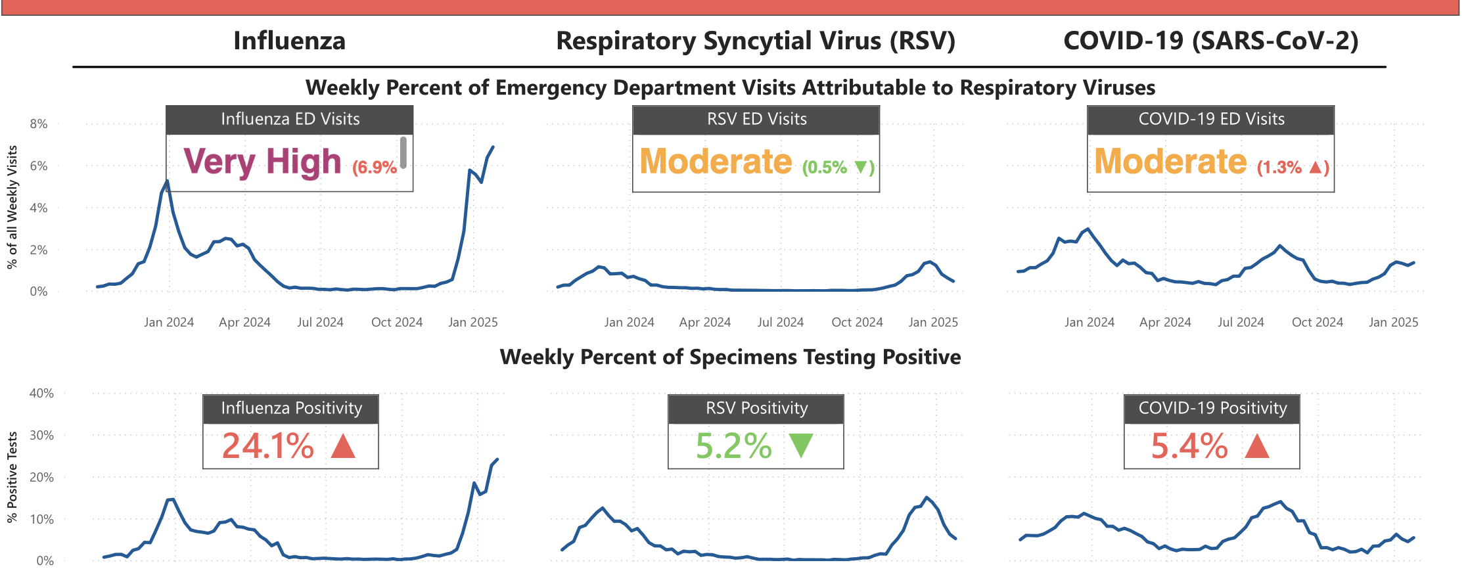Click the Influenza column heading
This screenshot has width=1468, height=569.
click(289, 41)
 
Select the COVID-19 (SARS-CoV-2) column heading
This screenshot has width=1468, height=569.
click(1210, 41)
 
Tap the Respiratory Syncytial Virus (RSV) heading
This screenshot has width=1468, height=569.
click(756, 41)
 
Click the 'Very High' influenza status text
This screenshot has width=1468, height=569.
click(262, 162)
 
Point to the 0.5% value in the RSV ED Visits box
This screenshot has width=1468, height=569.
click(825, 168)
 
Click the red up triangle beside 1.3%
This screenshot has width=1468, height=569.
click(1315, 168)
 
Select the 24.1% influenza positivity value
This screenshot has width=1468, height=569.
click(268, 446)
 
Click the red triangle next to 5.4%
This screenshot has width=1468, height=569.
click(1256, 445)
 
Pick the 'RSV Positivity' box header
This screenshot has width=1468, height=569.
click(756, 409)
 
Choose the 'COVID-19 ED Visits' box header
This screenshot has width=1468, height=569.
click(1211, 120)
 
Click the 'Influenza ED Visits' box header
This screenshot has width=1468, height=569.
click(290, 120)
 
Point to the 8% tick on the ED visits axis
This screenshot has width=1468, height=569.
click(39, 124)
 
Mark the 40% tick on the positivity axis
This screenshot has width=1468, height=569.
click(41, 394)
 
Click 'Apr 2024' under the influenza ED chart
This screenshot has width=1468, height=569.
click(244, 323)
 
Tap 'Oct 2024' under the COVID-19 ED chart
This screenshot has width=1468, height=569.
click(1317, 323)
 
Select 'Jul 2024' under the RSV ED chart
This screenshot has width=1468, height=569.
click(780, 323)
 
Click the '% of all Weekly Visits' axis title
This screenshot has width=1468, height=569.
click(12, 207)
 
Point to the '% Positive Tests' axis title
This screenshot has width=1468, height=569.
click(12, 477)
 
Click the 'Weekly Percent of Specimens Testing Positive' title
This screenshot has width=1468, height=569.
click(730, 357)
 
